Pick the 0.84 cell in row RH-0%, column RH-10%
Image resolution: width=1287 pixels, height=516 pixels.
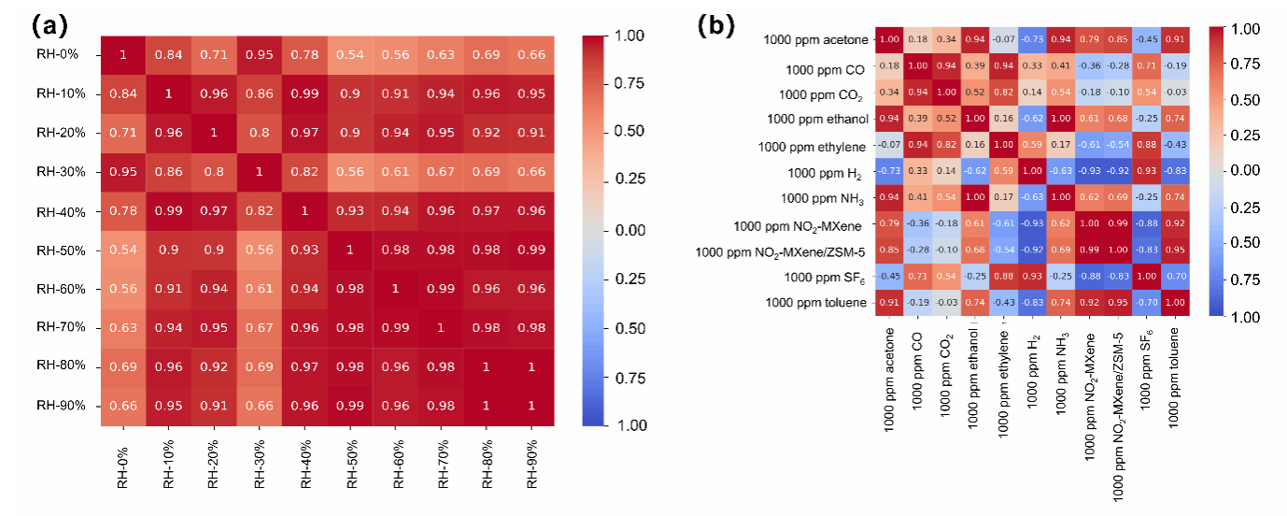click(x=168, y=54)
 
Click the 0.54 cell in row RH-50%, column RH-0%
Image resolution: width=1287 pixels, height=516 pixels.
click(x=122, y=250)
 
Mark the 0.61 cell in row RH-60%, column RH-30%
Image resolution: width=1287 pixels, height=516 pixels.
click(x=259, y=289)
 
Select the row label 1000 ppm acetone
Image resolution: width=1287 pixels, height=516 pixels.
click(x=816, y=39)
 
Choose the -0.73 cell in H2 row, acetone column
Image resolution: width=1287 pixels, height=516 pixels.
click(x=889, y=171)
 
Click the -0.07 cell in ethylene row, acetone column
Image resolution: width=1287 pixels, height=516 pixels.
click(x=889, y=145)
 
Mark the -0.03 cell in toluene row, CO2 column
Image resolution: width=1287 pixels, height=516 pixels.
click(x=946, y=303)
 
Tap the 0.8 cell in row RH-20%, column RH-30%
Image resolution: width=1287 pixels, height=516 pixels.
click(x=259, y=133)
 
